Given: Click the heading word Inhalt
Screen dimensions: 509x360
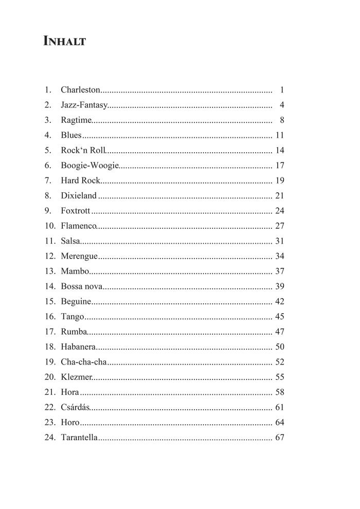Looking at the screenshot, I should pos(65,41).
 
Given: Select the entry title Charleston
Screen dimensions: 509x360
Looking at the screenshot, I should pos(80,90).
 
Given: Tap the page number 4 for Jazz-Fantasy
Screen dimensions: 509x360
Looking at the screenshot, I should pos(282,105).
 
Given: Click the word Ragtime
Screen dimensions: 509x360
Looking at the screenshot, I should pos(76,121).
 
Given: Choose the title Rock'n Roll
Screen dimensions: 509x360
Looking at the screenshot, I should pos(83,151).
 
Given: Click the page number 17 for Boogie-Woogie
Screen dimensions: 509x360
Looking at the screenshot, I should pos(280,166).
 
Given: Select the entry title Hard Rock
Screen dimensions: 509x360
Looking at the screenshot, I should pos(80,180).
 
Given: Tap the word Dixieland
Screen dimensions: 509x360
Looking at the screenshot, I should pos(79,196).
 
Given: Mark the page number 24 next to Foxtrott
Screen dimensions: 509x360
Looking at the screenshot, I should pos(280,211).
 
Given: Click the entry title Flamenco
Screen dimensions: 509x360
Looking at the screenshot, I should pos(79,226).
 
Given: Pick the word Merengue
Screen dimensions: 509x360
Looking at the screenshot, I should pos(79,256).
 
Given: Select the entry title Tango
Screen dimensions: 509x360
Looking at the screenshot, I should pos(72,317).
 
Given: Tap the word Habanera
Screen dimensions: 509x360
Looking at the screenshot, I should pos(78,347).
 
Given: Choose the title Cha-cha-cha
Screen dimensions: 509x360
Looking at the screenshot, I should pos(84,362).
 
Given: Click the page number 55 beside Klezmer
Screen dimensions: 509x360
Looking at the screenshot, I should pos(280,377).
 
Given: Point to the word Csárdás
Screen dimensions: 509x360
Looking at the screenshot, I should pos(76,408).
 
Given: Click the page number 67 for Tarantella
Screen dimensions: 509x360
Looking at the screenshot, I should pos(280,438).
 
